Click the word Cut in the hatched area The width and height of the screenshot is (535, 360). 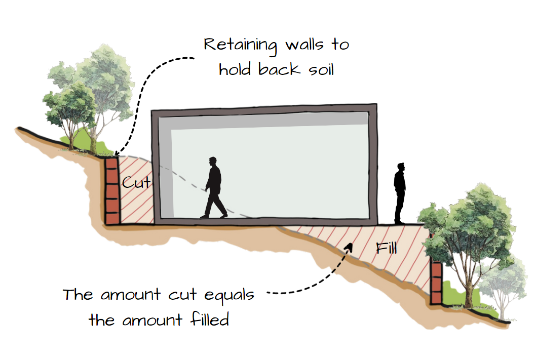click(136, 182)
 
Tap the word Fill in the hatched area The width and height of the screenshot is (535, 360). click(387, 249)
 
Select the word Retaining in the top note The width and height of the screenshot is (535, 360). click(241, 46)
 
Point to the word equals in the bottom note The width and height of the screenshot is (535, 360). click(227, 295)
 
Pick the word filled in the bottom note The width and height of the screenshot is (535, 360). click(208, 320)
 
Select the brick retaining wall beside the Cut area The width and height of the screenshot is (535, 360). click(111, 190)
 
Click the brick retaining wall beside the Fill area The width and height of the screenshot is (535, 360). click(436, 282)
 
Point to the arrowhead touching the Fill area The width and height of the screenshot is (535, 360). click(349, 246)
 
